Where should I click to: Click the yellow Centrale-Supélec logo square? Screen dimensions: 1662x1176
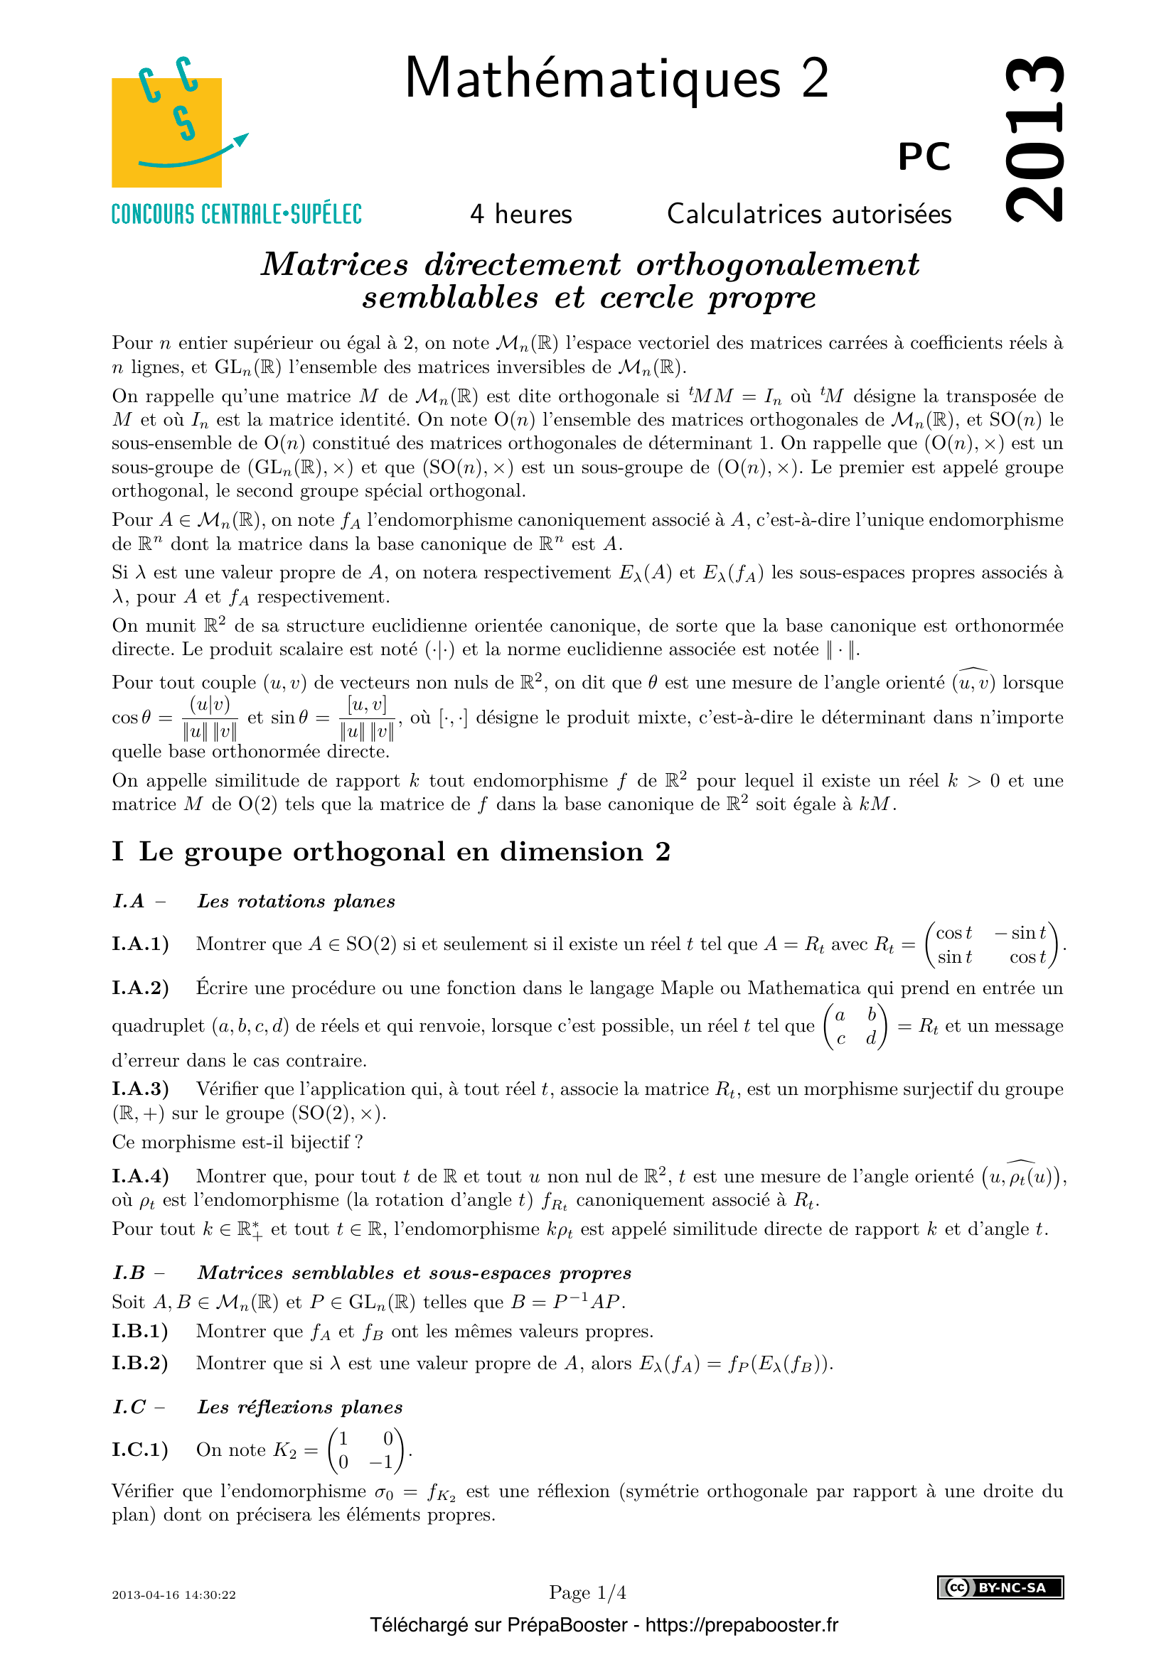[166, 132]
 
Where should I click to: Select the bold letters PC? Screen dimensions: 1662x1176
[924, 156]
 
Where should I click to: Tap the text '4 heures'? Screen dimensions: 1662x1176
[520, 215]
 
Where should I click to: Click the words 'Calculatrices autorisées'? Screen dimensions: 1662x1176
[809, 215]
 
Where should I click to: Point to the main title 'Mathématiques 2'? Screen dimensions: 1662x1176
[616, 78]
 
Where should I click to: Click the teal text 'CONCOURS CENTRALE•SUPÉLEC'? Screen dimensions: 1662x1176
[236, 215]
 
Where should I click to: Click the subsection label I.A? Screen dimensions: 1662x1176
[129, 901]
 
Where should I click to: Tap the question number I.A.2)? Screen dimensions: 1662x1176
[141, 988]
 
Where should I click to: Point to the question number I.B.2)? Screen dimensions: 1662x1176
[140, 1363]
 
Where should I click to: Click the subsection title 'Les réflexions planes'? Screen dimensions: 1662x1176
[300, 1406]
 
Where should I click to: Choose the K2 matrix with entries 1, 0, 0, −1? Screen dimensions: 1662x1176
[367, 1450]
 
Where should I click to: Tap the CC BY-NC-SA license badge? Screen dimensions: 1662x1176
[1000, 1587]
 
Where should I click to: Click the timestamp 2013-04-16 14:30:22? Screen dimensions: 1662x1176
[173, 1594]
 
